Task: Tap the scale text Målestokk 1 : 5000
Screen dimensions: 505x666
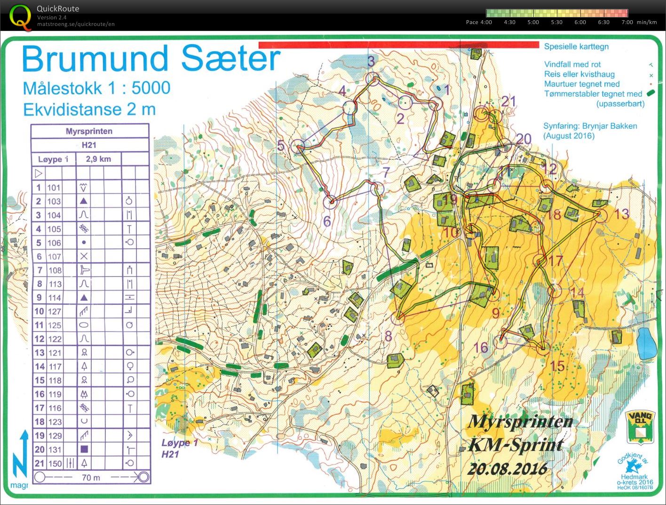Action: [x=96, y=88]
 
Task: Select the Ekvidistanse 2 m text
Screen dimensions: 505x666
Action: [x=89, y=110]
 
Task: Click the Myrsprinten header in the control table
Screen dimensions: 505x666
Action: [x=89, y=131]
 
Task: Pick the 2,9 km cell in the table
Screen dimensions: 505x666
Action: [x=98, y=159]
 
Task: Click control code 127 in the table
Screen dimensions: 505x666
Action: [x=54, y=311]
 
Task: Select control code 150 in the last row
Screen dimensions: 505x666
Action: [x=55, y=463]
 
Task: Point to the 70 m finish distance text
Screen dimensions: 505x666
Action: [x=91, y=478]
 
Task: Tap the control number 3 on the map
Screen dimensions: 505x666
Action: [x=371, y=61]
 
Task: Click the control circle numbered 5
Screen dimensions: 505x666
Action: [x=298, y=147]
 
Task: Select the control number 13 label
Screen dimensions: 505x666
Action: [x=621, y=214]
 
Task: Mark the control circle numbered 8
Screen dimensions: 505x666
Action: [x=398, y=318]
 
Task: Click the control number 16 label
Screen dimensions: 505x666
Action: [x=481, y=347]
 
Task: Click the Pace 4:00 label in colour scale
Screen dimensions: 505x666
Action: [x=479, y=22]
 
